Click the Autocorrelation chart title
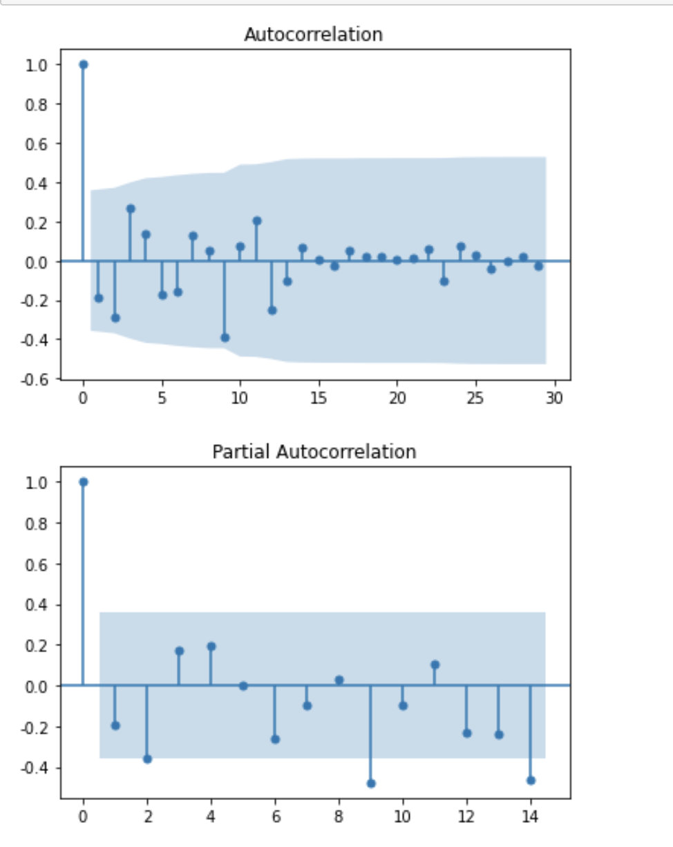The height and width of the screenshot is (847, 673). coord(313,35)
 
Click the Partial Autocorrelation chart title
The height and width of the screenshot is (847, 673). coord(314,452)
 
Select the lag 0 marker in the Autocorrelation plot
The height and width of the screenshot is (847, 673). coord(84,64)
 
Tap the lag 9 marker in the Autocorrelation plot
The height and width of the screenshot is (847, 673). coord(225,338)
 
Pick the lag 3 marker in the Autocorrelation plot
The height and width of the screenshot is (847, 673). coord(131,209)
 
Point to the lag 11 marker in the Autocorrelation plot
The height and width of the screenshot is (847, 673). coord(256,221)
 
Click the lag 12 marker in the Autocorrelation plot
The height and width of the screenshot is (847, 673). coord(272,310)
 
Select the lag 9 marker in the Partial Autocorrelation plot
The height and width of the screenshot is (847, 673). coord(371,783)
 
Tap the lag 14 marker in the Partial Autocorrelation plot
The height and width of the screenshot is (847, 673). coord(531,780)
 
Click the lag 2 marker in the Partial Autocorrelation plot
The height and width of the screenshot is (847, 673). coord(147,759)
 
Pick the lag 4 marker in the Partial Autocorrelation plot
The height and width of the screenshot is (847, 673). coord(211,647)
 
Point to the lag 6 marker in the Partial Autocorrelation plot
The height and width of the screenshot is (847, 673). coord(275,739)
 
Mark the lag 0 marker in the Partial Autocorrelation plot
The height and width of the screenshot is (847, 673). coord(84,482)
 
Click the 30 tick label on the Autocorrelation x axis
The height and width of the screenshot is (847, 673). coord(554,399)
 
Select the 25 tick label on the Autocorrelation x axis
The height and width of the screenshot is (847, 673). coord(475,399)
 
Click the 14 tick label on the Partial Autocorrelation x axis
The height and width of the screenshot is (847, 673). coord(530,817)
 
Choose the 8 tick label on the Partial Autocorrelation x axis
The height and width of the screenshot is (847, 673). coord(339,817)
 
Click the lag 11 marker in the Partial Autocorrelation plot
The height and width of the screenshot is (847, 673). coord(435,665)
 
